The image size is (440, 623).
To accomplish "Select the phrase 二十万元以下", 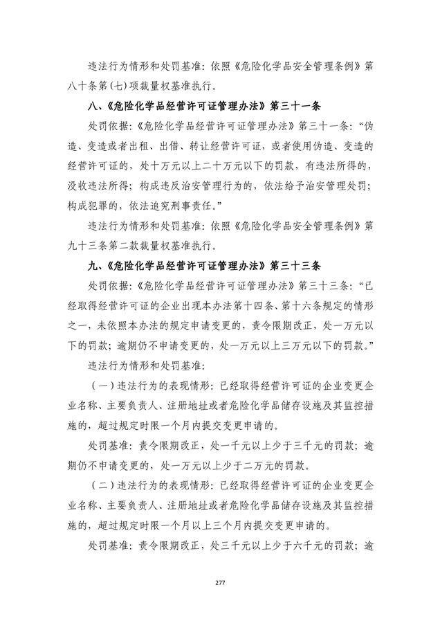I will (223, 166).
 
